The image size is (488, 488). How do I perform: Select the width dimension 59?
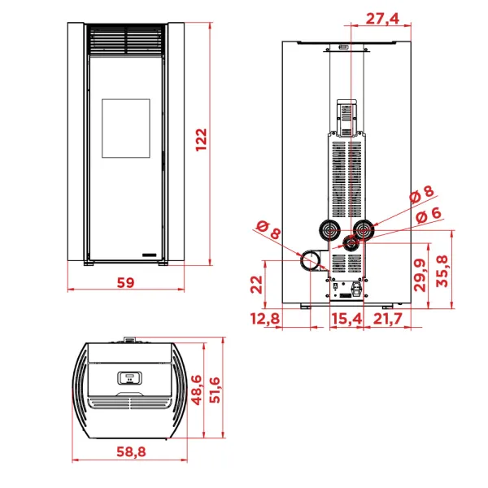(125, 282)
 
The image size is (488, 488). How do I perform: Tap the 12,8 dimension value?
(265, 319)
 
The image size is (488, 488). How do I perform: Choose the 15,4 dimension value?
(346, 319)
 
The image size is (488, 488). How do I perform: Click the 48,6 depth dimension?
(196, 390)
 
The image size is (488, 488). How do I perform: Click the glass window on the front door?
(125, 129)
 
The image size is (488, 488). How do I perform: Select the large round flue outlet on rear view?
(311, 261)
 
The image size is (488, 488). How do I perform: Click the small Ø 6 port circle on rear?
(349, 242)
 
